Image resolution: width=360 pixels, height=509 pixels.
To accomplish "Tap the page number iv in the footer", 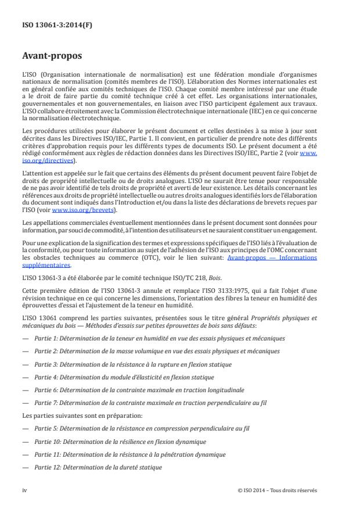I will coord(24,490).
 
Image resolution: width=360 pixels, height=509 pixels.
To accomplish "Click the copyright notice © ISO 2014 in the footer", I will coord(278,490).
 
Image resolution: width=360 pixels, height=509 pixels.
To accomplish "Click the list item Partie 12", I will coord(105,467).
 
